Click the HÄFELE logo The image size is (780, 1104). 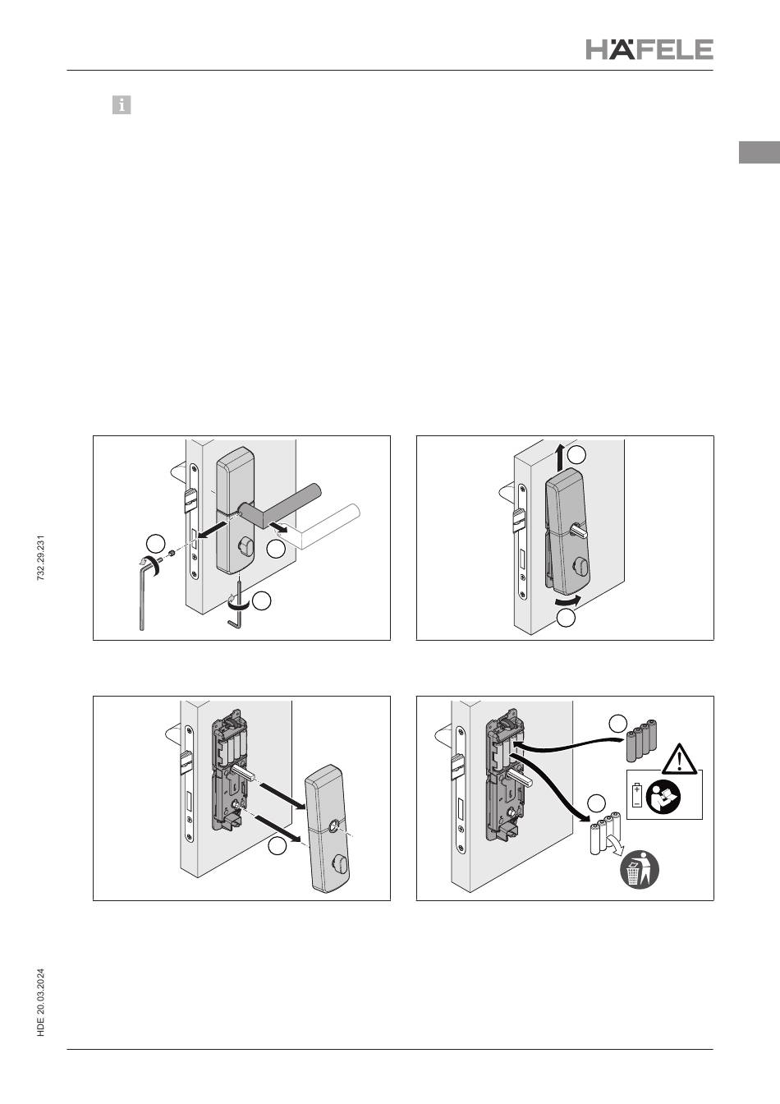click(x=649, y=48)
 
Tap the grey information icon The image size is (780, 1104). click(x=122, y=104)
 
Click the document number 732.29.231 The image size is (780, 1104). click(x=41, y=558)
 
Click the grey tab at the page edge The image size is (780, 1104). click(x=759, y=152)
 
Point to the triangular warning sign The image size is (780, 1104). click(x=679, y=758)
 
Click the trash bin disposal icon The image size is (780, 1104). click(x=639, y=869)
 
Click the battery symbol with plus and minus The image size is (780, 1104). click(x=637, y=794)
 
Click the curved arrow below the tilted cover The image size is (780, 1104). click(x=567, y=600)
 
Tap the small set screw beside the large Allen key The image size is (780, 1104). click(x=171, y=554)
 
